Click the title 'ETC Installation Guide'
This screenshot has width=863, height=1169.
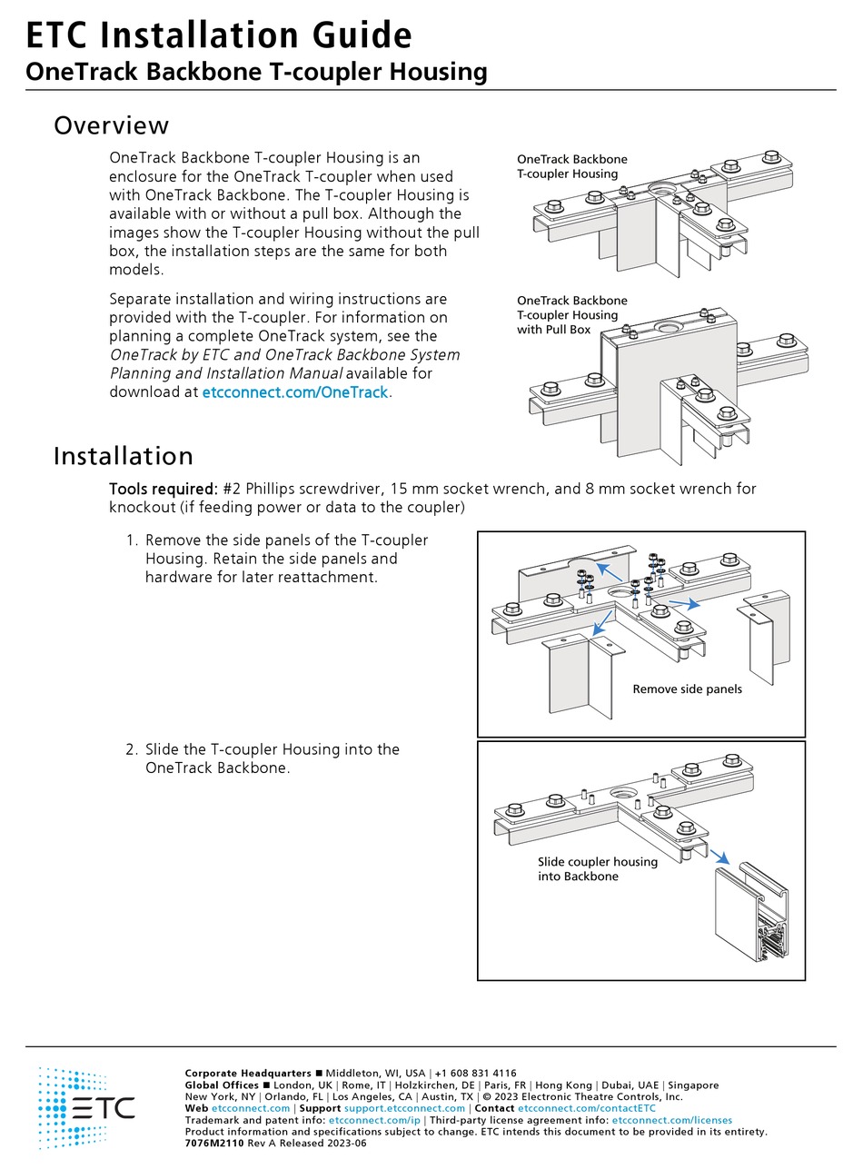218,35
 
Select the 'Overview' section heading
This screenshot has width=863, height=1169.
111,125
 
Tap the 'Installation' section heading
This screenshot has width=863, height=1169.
123,455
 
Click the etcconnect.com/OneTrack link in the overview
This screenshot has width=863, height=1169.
294,392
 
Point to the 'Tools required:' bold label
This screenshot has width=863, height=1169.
163,489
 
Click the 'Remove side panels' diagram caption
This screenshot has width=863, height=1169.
687,689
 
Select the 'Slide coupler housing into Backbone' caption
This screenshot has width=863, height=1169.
597,868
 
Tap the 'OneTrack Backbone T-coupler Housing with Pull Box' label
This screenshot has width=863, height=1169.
571,315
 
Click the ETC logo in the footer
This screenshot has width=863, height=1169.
86,1108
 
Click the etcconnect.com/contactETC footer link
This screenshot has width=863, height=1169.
586,1108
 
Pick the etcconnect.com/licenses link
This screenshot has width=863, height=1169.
671,1120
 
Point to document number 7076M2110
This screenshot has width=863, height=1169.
214,1144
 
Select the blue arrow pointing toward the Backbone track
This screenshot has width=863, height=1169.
720,857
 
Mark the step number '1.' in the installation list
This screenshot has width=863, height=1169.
132,540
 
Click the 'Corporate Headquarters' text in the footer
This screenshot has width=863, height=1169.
247,1073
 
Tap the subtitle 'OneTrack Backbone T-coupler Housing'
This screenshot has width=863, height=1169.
256,72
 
